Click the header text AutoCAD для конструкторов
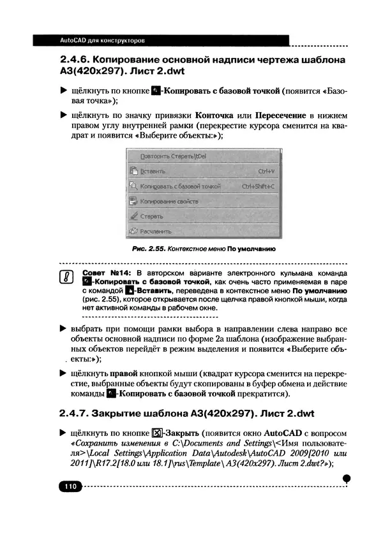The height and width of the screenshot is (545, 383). (102, 40)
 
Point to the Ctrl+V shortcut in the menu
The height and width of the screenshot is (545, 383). (266, 171)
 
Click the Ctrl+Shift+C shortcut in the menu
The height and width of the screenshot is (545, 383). (258, 186)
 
